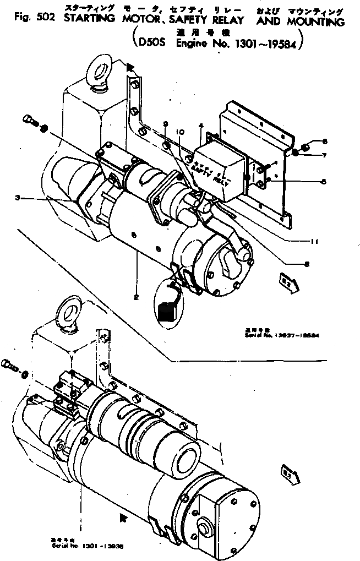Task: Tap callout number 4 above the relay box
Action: point(202,126)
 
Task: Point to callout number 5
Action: point(324,181)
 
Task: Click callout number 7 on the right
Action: point(325,155)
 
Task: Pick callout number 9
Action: point(166,125)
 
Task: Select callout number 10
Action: point(179,132)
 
